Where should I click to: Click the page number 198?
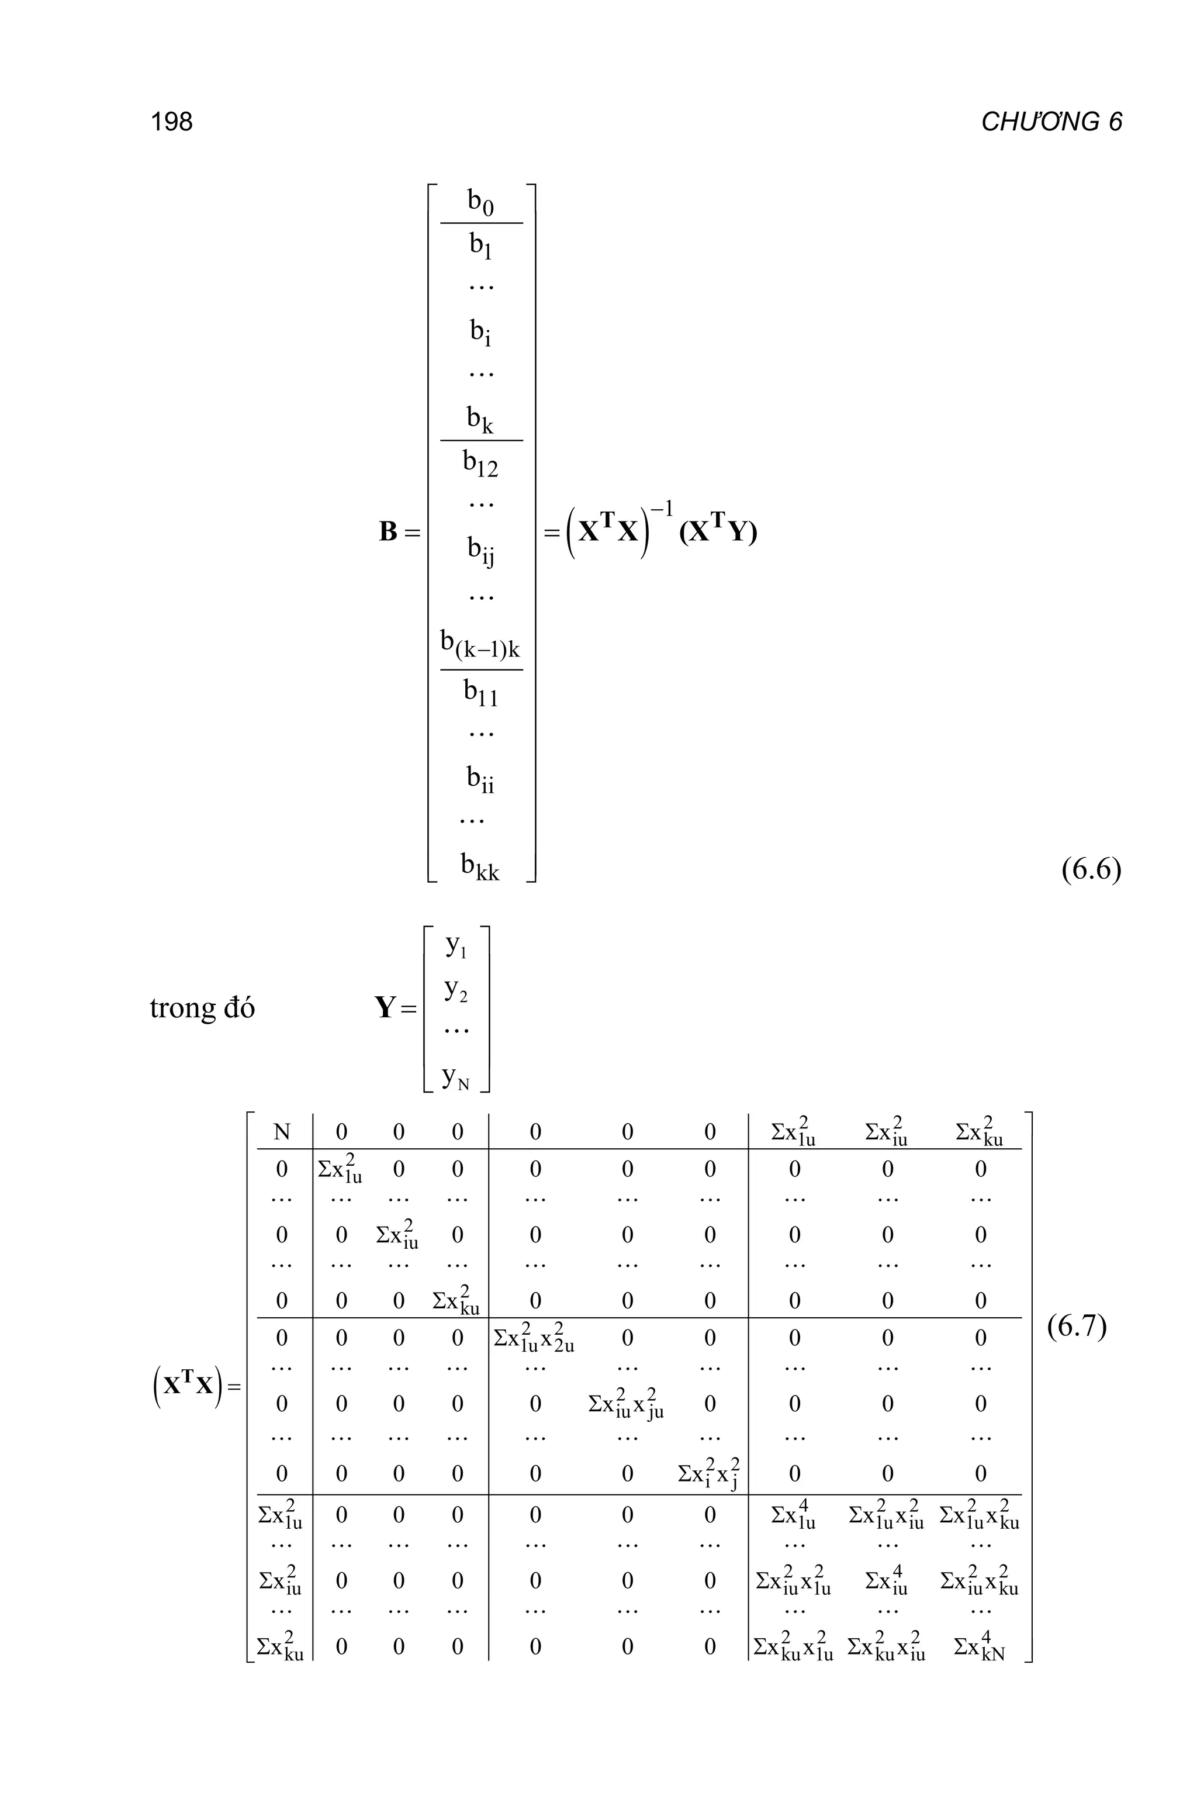pyautogui.click(x=172, y=122)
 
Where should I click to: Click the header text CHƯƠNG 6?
pyautogui.click(x=1051, y=122)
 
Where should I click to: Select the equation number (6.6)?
pyautogui.click(x=1091, y=870)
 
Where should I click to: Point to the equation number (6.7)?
pyautogui.click(x=1077, y=1327)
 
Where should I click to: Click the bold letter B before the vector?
pyautogui.click(x=388, y=531)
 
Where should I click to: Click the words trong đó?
pyautogui.click(x=202, y=1008)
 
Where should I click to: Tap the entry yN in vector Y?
pyautogui.click(x=456, y=1077)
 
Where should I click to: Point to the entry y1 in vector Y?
pyautogui.click(x=456, y=948)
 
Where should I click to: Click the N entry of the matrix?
pyautogui.click(x=282, y=1132)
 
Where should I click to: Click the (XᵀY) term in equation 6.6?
pyautogui.click(x=718, y=531)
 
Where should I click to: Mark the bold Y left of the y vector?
pyautogui.click(x=386, y=1008)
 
